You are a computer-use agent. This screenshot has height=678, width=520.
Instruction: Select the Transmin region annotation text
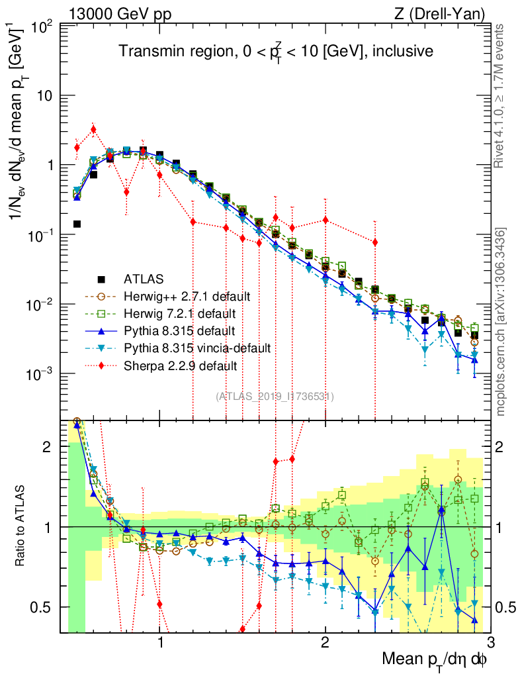pyautogui.click(x=276, y=51)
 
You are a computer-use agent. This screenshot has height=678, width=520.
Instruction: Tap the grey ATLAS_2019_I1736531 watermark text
pyautogui.click(x=275, y=397)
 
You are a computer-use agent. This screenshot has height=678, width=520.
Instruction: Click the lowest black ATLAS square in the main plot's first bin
pyautogui.click(x=77, y=224)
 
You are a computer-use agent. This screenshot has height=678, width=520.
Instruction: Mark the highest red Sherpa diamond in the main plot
pyautogui.click(x=93, y=129)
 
